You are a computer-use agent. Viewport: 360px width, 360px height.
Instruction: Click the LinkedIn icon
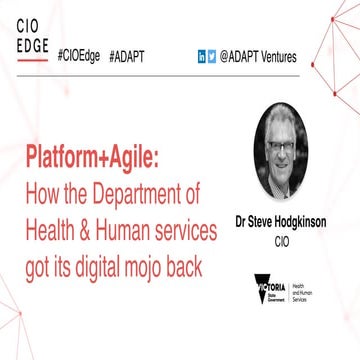click(x=200, y=55)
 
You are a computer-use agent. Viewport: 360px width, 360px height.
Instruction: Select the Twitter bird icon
click(x=212, y=55)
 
